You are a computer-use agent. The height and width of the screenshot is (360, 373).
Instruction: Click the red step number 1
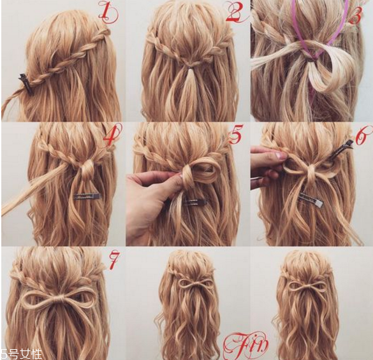(108, 12)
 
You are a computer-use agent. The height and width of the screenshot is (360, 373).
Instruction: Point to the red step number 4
(112, 135)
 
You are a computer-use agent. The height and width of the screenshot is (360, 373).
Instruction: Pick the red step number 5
(235, 134)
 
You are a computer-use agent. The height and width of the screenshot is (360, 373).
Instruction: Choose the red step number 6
(363, 136)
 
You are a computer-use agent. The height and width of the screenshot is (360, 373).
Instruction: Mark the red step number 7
(113, 261)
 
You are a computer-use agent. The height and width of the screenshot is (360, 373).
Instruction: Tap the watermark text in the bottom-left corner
(21, 354)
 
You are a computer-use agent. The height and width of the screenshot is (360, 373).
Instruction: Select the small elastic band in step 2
(189, 68)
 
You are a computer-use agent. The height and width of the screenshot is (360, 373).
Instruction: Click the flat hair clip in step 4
(87, 196)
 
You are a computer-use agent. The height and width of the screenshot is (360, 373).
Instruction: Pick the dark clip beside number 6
(340, 149)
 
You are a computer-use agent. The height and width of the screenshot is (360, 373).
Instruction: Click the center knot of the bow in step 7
(59, 298)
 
